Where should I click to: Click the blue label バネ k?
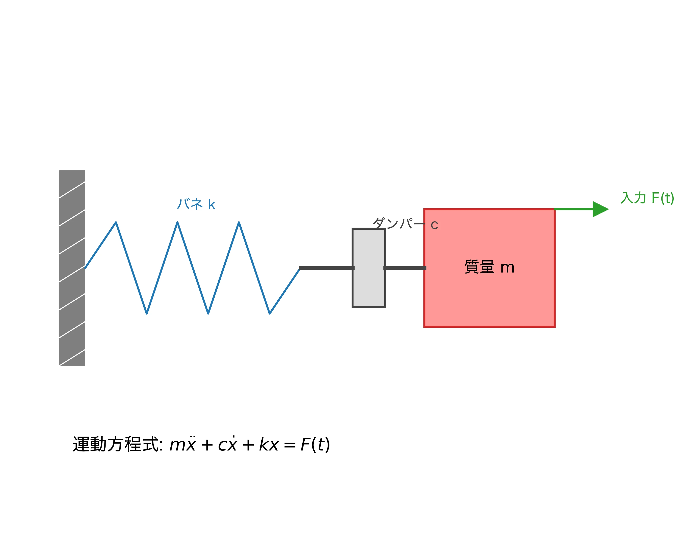196,204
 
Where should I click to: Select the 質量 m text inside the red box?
489,267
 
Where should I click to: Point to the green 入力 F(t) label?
647,198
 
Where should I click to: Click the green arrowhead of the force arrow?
600,209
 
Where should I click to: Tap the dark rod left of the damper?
326,268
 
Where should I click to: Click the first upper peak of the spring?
116,222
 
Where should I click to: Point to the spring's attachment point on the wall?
85,268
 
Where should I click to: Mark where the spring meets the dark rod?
300,268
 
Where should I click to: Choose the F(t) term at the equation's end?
315,444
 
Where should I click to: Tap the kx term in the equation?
269,444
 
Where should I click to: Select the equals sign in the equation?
290,445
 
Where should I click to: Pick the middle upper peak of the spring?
177,222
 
